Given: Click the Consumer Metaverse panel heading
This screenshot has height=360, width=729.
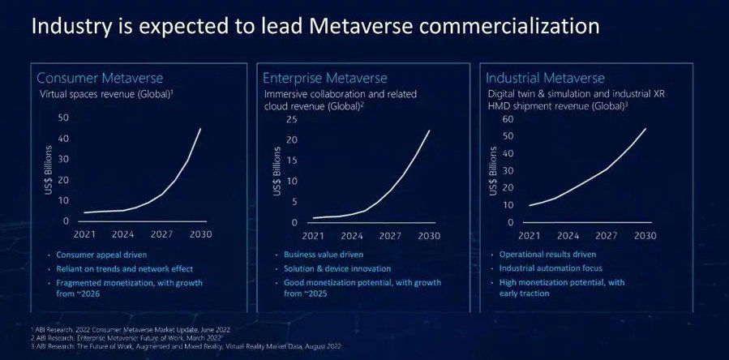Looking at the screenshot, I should click(101, 79).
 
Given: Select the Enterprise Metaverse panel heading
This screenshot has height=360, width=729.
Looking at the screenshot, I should click(324, 79).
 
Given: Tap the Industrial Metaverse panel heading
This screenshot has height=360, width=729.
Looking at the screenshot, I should click(545, 79).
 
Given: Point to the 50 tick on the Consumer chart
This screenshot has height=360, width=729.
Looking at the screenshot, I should click(63, 118).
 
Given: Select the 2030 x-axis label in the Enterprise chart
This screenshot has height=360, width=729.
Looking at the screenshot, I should click(429, 237).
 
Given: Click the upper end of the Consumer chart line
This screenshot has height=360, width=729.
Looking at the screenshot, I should click(201, 128).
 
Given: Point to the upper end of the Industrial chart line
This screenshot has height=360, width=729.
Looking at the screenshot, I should click(645, 128).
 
